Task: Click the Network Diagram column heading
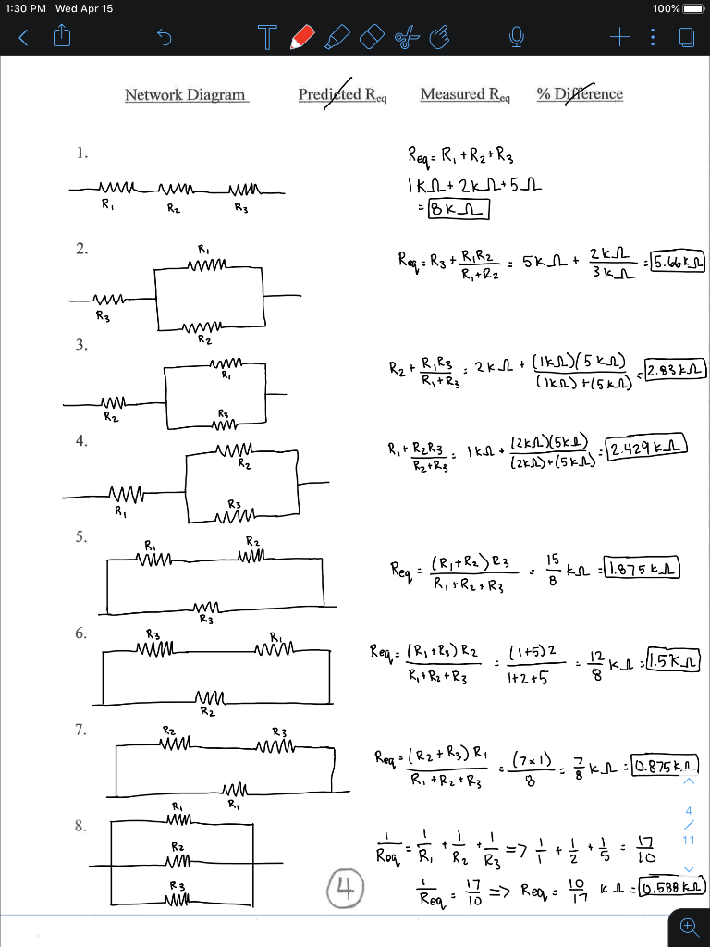pyautogui.click(x=186, y=94)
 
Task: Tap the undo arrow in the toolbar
pyautogui.click(x=164, y=38)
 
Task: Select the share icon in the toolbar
pyautogui.click(x=64, y=37)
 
